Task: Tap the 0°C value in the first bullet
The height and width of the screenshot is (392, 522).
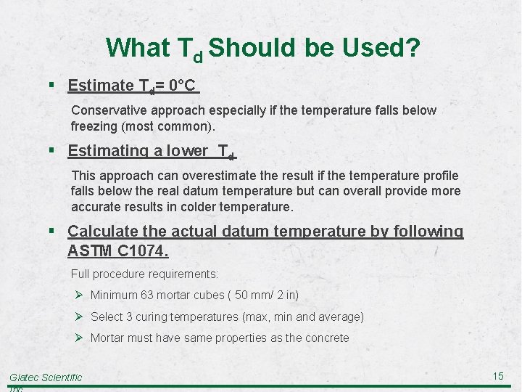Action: click(x=181, y=86)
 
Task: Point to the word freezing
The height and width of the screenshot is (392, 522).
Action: click(x=95, y=126)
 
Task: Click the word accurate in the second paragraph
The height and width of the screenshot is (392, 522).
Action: click(x=96, y=206)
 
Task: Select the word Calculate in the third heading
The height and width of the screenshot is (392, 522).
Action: click(x=102, y=232)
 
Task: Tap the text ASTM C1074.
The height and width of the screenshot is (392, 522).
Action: click(x=117, y=251)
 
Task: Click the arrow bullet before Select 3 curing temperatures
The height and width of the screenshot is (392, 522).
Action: click(x=79, y=317)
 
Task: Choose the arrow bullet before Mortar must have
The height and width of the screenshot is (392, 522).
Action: click(x=79, y=338)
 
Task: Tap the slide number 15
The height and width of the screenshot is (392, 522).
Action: click(x=498, y=375)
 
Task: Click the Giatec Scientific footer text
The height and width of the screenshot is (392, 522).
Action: click(x=46, y=377)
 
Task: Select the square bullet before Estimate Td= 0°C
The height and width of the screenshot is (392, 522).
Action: click(x=55, y=86)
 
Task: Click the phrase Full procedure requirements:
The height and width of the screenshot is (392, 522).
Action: click(x=144, y=274)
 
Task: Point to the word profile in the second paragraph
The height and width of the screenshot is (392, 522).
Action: click(x=439, y=176)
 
